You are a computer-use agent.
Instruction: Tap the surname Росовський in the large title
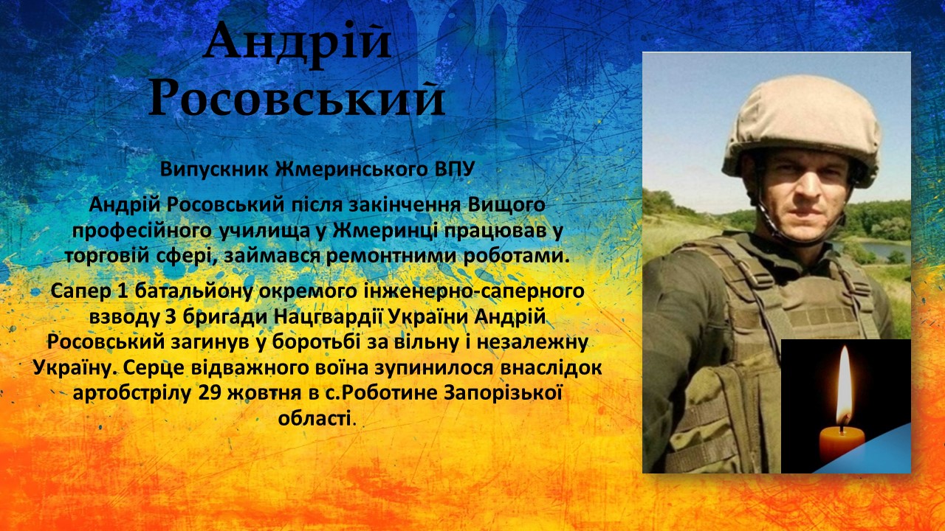(297, 98)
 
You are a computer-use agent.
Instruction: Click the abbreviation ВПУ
(454, 170)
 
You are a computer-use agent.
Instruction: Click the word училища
(264, 231)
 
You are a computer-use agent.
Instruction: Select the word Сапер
(79, 291)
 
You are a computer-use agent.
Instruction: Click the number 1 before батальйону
(122, 291)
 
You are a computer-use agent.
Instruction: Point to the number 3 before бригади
(171, 317)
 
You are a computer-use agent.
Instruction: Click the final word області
(315, 418)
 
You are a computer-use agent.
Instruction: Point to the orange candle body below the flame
(842, 444)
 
